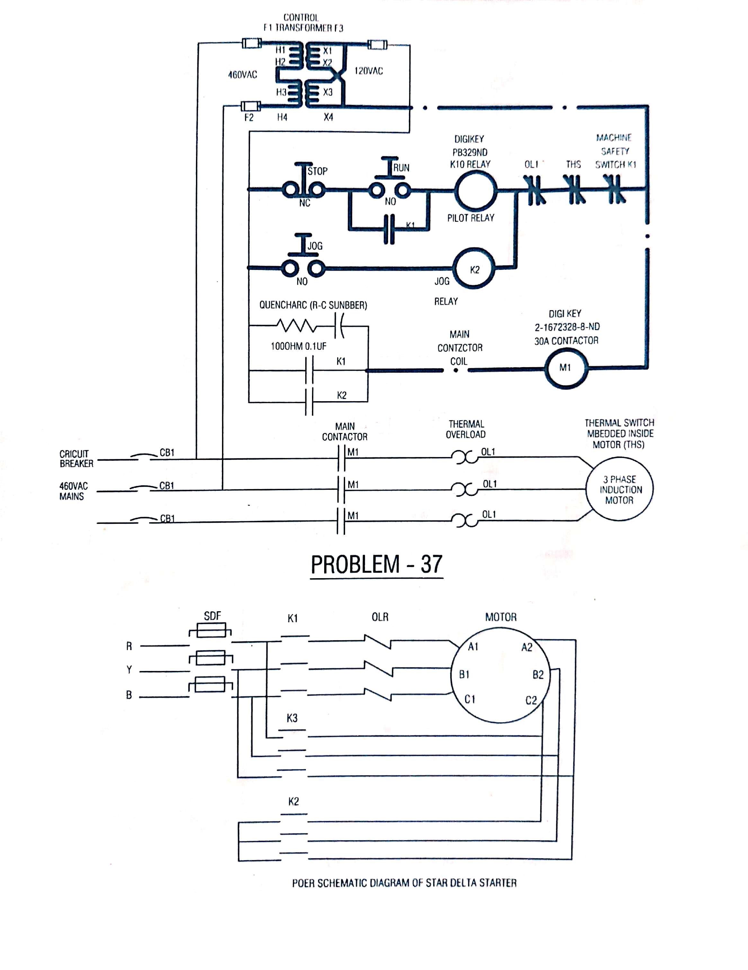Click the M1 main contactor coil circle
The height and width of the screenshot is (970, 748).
pyautogui.click(x=566, y=368)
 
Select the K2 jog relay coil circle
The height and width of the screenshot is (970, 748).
pyautogui.click(x=474, y=269)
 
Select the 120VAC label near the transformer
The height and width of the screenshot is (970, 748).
pyautogui.click(x=368, y=71)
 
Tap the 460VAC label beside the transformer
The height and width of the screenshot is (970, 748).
pyautogui.click(x=243, y=75)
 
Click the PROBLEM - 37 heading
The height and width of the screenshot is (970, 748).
pyautogui.click(x=376, y=565)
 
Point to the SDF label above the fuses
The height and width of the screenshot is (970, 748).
pyautogui.click(x=212, y=616)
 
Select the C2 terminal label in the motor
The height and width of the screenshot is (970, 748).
pyautogui.click(x=531, y=701)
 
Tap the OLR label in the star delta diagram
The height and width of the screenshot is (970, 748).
pyautogui.click(x=380, y=617)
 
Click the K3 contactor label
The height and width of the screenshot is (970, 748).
pyautogui.click(x=292, y=718)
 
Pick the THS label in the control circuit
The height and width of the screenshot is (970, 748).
pyautogui.click(x=573, y=165)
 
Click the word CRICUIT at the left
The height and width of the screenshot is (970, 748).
pyautogui.click(x=74, y=454)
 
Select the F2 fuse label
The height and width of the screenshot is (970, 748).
pyautogui.click(x=249, y=117)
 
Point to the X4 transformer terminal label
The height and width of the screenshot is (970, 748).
pyautogui.click(x=328, y=117)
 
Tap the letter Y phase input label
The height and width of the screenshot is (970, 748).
pyautogui.click(x=129, y=670)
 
